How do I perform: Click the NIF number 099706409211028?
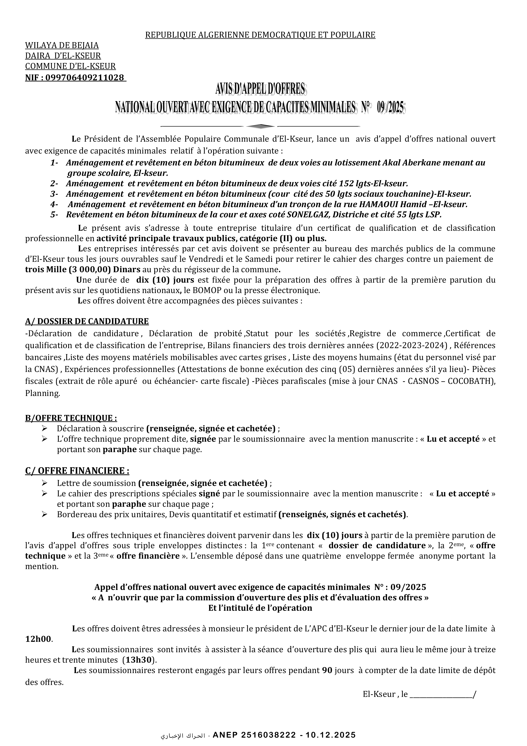85,78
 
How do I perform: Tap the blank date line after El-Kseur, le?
442,695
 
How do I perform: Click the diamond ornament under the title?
260,126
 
